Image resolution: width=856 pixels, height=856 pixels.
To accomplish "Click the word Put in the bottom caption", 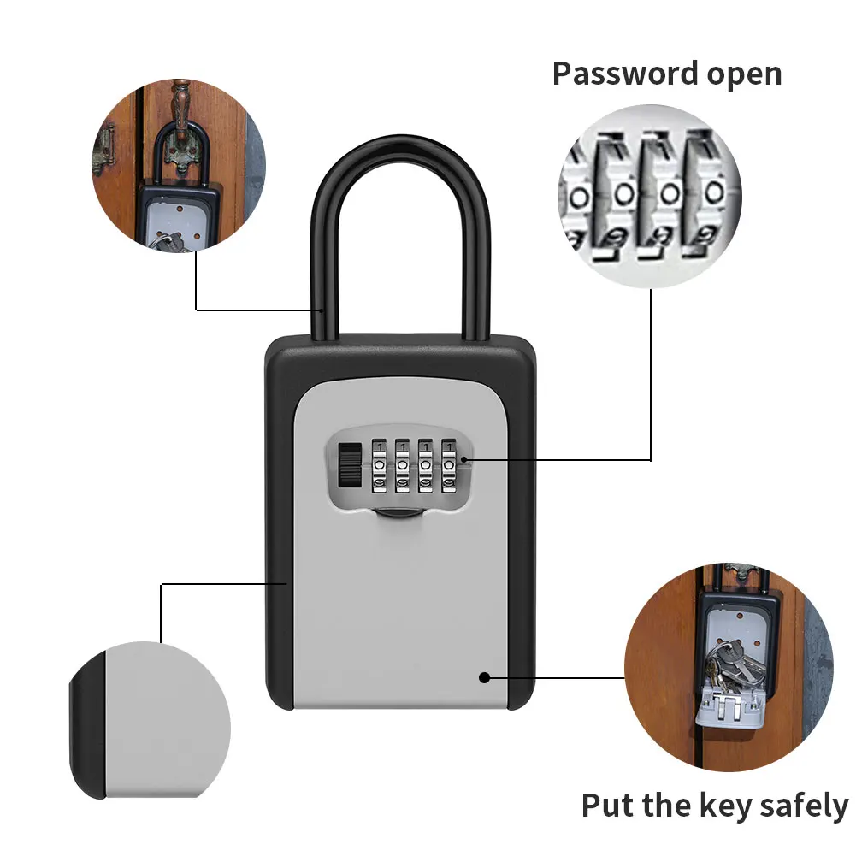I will click(x=608, y=806).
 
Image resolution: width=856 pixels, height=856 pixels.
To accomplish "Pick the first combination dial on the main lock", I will click(x=379, y=467).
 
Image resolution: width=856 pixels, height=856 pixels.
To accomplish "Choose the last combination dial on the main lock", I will click(x=447, y=467).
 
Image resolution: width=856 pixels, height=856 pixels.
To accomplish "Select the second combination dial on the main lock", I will click(x=402, y=467).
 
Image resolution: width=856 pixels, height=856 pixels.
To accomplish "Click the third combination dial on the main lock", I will click(x=425, y=467).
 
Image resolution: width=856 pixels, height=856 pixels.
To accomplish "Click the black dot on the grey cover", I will click(x=484, y=677).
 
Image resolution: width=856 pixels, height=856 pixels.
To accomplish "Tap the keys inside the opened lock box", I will click(x=732, y=668).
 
